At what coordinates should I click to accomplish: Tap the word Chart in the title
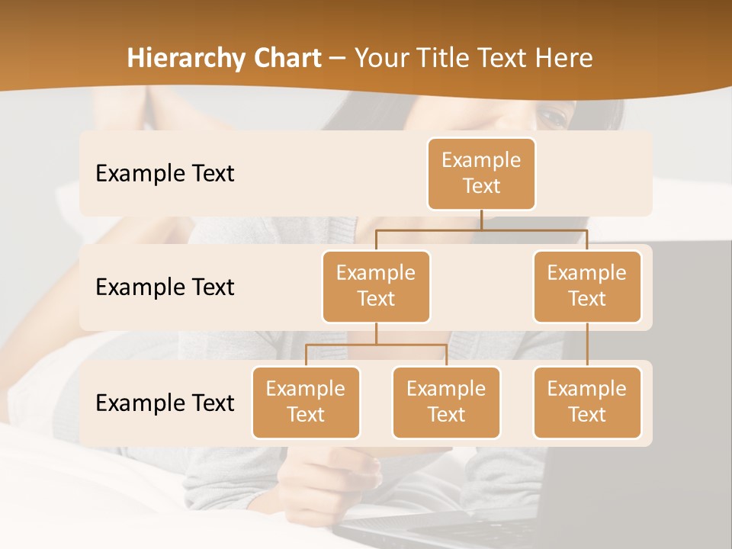tap(287, 59)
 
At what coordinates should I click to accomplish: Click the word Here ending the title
tap(563, 59)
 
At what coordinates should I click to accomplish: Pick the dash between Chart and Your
tap(337, 59)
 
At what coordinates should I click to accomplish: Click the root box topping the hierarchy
tap(481, 173)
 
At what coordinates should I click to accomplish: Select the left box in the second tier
tap(376, 286)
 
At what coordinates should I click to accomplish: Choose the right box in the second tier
tap(587, 286)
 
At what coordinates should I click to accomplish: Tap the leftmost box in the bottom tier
tap(306, 402)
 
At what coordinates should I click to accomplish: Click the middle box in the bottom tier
tap(446, 402)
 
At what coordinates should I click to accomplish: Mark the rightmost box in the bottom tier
tap(587, 402)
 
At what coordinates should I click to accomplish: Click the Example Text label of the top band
tap(165, 174)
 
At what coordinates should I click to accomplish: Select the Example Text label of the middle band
tap(165, 287)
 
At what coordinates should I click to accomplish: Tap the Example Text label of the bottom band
tap(165, 403)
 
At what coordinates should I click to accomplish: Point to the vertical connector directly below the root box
tap(481, 220)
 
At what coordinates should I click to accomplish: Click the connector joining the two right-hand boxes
tap(587, 344)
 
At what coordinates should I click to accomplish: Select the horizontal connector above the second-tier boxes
tap(481, 230)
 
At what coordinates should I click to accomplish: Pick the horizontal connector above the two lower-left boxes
tap(376, 345)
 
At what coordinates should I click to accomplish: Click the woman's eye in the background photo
tap(554, 117)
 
